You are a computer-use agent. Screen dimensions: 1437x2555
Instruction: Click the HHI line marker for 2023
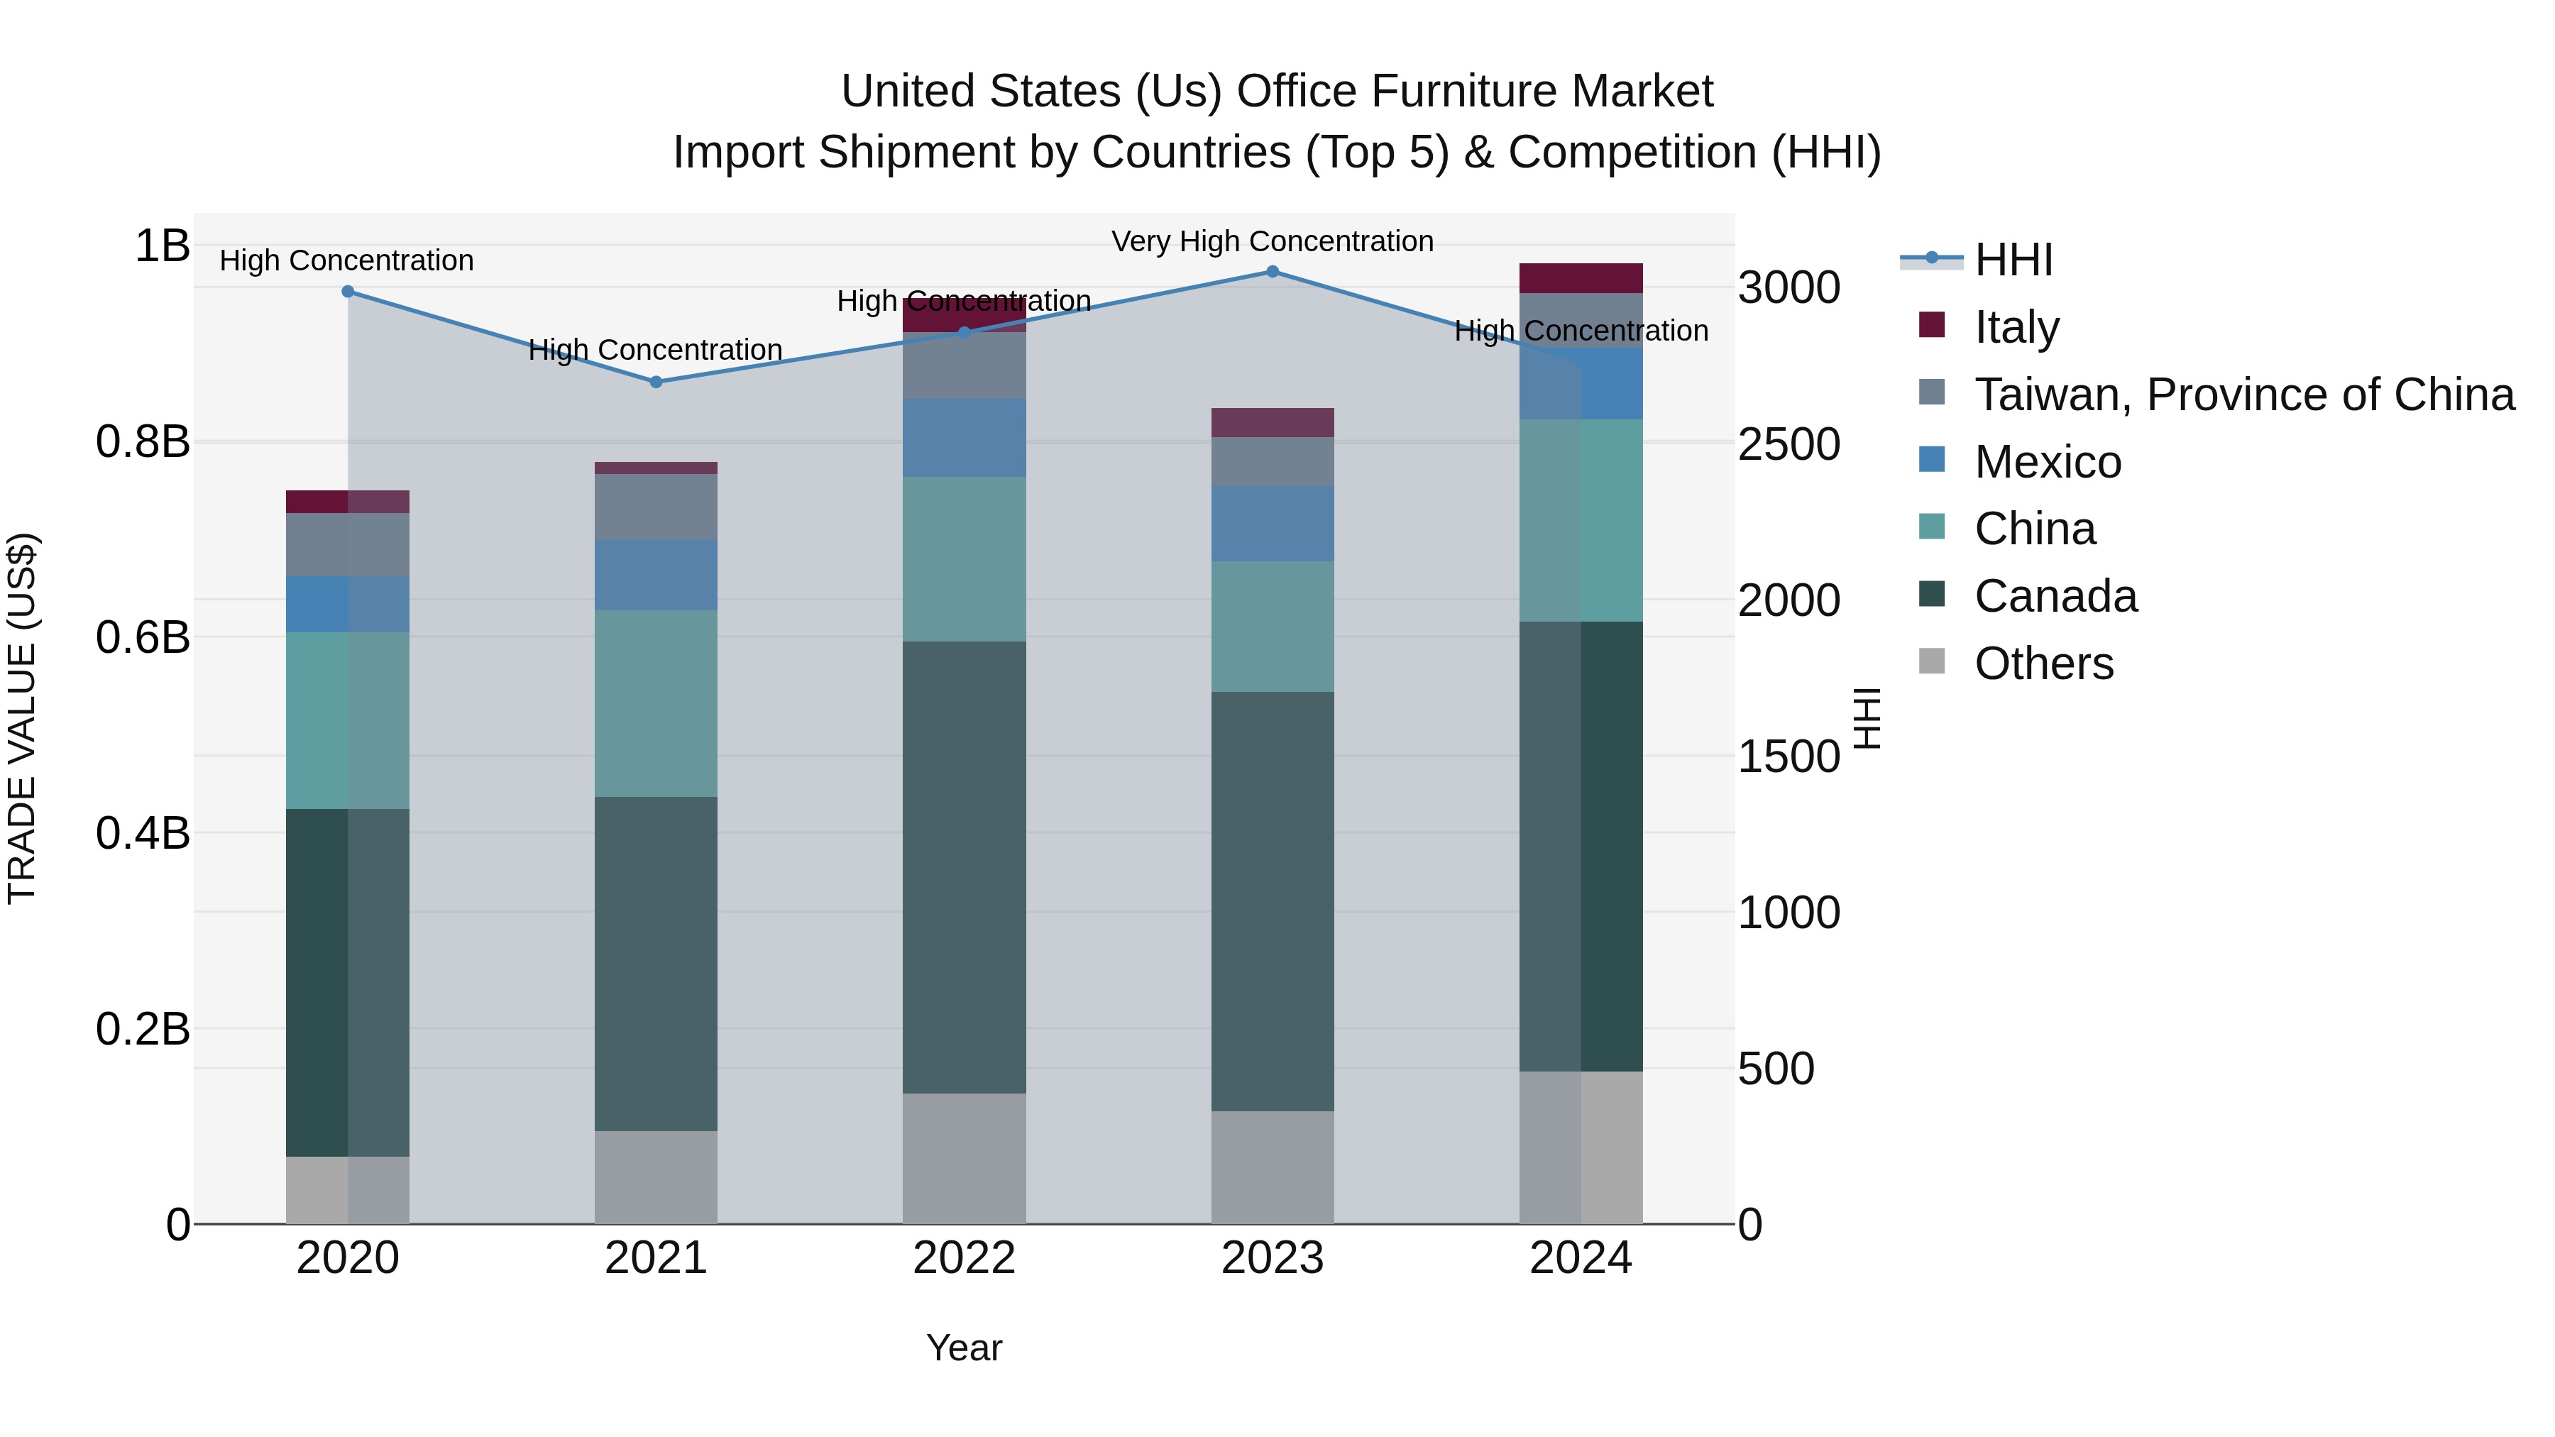1273,272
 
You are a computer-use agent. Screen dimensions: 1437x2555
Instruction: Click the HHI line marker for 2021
656,382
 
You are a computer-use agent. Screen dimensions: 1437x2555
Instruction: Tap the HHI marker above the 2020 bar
347,292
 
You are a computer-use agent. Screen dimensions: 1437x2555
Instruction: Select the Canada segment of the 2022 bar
964,868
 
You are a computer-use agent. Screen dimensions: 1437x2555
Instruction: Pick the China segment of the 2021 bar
656,704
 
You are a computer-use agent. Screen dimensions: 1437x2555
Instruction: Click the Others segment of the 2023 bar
1273,1167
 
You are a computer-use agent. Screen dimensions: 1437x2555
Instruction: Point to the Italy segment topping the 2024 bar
1581,279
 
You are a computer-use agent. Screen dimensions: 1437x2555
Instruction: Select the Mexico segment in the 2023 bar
1273,524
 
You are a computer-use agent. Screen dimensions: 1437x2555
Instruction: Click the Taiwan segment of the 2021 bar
656,507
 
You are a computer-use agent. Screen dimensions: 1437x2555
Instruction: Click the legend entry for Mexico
2046,462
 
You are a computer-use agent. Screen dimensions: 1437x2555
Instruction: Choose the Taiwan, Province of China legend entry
2243,395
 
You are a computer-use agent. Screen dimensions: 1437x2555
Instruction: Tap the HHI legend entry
2013,260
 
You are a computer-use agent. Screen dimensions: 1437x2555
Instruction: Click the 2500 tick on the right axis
1789,444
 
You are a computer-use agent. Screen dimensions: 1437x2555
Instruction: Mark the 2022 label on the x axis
964,1258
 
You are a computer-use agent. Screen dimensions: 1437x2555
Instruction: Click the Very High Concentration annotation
1273,241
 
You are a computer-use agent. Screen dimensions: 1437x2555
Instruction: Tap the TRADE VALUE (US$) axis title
23,718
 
